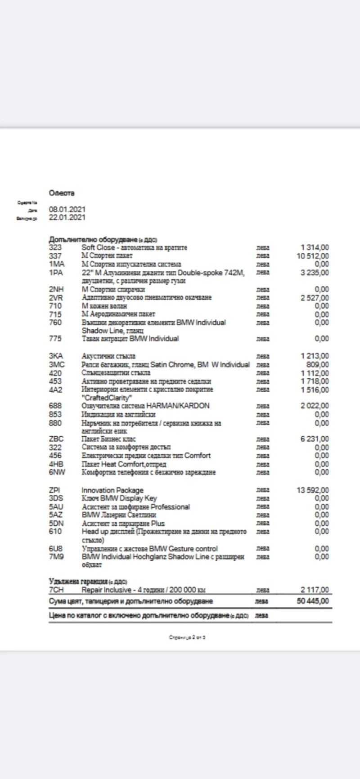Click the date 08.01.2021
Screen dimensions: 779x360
coord(67,210)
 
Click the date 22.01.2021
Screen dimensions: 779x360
coord(67,218)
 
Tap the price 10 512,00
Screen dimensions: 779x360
coord(312,256)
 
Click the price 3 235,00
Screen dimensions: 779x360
coord(315,273)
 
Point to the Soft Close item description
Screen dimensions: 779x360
coord(134,247)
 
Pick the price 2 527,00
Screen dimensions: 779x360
coord(315,298)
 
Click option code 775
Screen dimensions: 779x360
coord(55,339)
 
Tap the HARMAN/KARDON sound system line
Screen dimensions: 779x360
coord(145,406)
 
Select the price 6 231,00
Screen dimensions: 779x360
coord(315,439)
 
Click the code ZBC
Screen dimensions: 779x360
coord(56,439)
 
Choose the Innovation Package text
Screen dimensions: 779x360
coord(112,490)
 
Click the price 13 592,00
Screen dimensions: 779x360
coord(312,490)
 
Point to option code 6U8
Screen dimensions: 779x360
coord(55,549)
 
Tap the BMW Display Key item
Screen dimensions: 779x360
coord(119,498)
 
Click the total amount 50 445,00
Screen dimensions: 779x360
coord(312,601)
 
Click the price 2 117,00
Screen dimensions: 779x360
coord(315,590)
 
